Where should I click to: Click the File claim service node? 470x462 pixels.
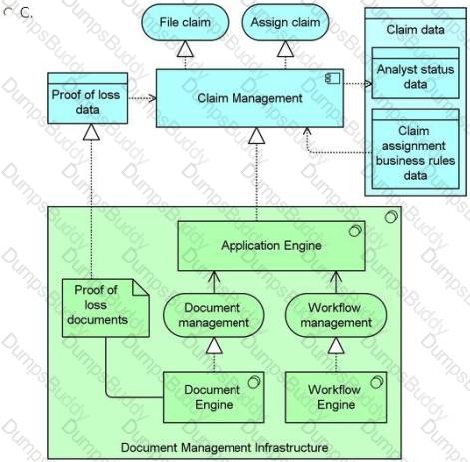[185, 22]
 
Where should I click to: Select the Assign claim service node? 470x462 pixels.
[285, 22]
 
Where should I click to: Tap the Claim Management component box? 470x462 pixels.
[249, 98]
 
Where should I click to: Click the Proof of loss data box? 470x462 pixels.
[87, 98]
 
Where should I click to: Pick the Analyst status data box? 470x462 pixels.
[415, 73]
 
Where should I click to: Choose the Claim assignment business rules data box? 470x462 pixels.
[415, 149]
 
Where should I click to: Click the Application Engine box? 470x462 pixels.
[271, 245]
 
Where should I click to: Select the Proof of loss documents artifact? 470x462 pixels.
[106, 308]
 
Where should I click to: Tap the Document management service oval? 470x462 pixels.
[214, 315]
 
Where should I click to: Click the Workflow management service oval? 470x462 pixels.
[336, 315]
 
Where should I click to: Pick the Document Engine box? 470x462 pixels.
[214, 397]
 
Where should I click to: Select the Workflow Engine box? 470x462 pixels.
[336, 397]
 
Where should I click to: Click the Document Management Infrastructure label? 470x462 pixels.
[225, 447]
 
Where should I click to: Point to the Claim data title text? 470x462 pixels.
[415, 30]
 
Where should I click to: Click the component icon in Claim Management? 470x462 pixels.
[333, 79]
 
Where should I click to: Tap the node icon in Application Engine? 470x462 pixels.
[355, 231]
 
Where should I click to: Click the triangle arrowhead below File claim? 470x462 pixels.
[185, 49]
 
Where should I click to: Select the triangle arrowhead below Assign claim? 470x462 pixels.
[285, 49]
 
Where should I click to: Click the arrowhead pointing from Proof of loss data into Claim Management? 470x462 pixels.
[152, 98]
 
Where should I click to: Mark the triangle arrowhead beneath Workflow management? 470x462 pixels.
[336, 345]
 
